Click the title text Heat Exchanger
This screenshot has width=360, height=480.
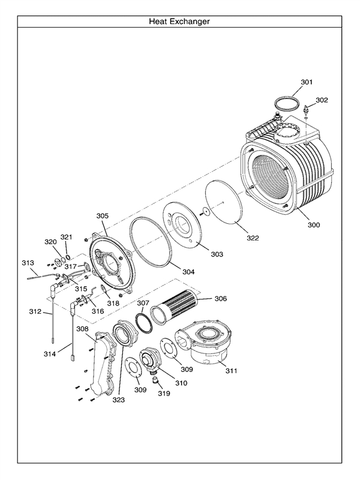179,22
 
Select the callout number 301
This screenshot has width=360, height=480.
307,81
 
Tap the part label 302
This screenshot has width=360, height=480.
322,100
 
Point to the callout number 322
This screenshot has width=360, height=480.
253,238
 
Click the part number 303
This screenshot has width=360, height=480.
216,254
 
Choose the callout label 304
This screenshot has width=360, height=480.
188,272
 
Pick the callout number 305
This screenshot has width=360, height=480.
102,215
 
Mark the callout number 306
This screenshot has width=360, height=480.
220,298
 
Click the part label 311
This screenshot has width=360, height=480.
231,371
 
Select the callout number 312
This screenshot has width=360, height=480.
35,311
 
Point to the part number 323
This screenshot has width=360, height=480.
118,400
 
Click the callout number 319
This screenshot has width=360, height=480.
164,394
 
